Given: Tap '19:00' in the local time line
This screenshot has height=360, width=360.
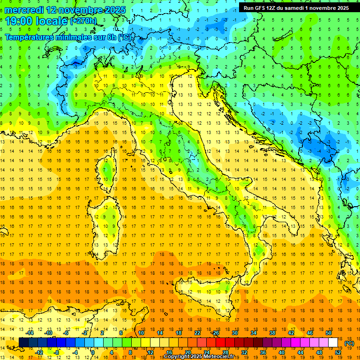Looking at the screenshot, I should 19,21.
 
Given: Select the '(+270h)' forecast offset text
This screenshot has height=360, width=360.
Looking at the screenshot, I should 83,21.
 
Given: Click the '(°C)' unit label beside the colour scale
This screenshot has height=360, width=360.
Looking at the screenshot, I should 349,343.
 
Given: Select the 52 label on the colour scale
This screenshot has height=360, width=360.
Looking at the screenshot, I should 338,352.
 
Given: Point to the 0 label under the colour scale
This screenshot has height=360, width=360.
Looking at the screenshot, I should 92,352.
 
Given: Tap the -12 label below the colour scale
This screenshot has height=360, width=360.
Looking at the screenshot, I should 39,352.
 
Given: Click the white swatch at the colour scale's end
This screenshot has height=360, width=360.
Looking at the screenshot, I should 333,343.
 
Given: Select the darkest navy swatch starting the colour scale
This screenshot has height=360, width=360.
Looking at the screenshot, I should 23,343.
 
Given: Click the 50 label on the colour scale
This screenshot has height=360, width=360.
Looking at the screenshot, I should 329,333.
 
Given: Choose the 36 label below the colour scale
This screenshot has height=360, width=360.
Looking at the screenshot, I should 262,352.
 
